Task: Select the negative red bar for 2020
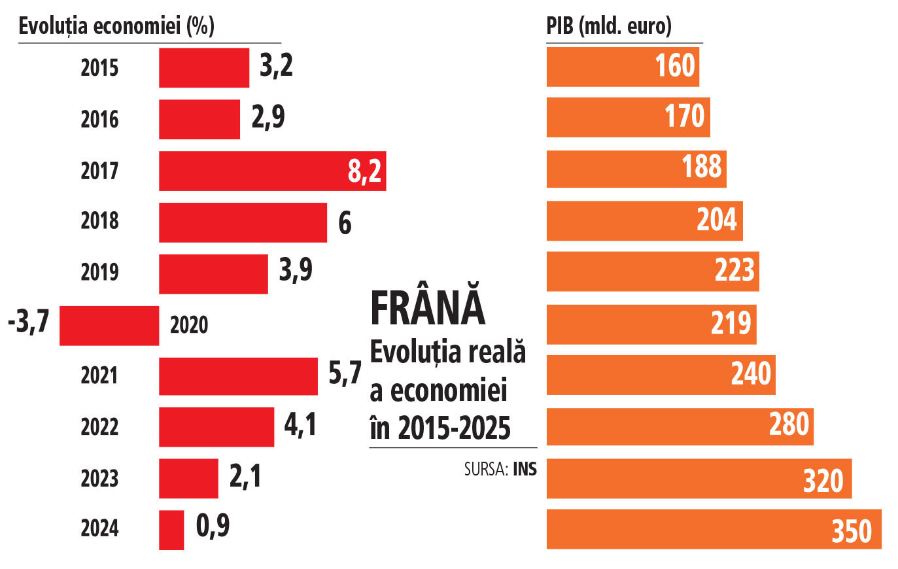click(109, 325)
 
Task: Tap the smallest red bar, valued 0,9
click(171, 530)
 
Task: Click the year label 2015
click(99, 67)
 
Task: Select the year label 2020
click(189, 325)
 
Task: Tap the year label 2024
click(99, 528)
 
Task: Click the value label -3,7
click(29, 322)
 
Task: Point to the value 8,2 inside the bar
click(364, 171)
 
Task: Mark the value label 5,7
click(345, 373)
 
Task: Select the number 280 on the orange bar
click(789, 424)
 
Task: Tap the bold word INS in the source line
click(525, 469)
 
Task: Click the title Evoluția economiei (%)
click(116, 26)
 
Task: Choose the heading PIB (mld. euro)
click(609, 26)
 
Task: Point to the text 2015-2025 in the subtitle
click(454, 428)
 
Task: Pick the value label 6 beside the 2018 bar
click(345, 223)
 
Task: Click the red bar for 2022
click(216, 426)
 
